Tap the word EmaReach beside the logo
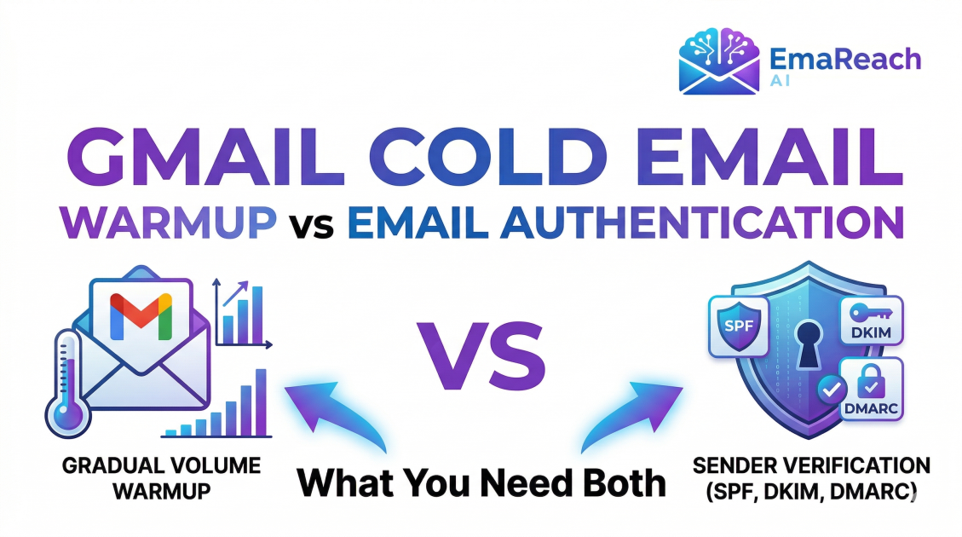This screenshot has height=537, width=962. click(x=844, y=60)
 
